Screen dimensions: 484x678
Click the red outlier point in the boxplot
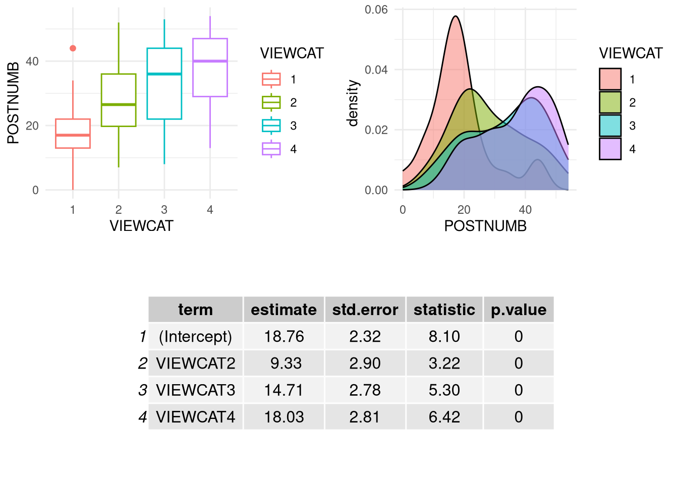(x=73, y=48)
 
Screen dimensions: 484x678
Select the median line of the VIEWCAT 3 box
(x=164, y=74)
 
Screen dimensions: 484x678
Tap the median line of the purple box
(x=210, y=61)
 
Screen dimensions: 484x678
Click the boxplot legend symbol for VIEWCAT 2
(x=271, y=102)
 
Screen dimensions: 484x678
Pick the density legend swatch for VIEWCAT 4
(x=610, y=149)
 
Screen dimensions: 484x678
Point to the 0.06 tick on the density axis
(x=376, y=10)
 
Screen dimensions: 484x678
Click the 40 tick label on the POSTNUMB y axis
(x=32, y=62)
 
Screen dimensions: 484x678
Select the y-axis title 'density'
(x=353, y=103)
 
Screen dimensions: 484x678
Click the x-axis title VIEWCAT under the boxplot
(x=141, y=226)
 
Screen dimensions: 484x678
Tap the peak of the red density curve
(x=456, y=16)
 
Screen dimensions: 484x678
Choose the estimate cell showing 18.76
(x=284, y=336)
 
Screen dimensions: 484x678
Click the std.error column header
(x=365, y=310)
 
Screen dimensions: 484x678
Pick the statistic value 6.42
(x=444, y=417)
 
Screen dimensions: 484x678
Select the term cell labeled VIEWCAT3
(x=196, y=390)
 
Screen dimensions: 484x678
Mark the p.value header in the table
(x=519, y=310)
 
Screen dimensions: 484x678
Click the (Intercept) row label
(x=196, y=336)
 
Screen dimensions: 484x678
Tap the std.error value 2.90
(x=365, y=364)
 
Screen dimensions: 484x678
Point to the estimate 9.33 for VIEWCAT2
(x=286, y=364)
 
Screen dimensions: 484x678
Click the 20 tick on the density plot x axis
(x=464, y=210)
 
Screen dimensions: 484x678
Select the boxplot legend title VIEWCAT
(x=292, y=53)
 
